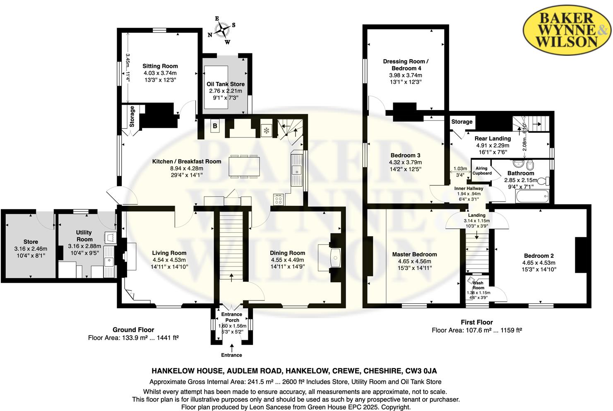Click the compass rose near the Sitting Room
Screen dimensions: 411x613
tap(222, 29)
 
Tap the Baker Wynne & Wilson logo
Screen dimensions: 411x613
tap(567, 29)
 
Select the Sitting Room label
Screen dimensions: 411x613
tap(160, 66)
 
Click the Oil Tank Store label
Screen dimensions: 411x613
tap(226, 84)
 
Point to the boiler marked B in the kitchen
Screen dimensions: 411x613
tap(215, 126)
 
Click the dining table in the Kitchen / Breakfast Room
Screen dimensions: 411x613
tap(244, 166)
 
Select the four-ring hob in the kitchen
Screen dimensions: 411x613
tap(279, 200)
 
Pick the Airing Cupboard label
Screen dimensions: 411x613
tap(482, 171)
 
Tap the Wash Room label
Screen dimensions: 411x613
tap(478, 285)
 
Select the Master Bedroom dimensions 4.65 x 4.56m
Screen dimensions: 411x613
tap(414, 261)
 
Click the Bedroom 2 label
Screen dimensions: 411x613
tap(538, 256)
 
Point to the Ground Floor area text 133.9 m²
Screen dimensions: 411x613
tap(133, 338)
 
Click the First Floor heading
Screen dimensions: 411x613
tap(477, 322)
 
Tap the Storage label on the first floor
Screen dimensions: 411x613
tap(462, 122)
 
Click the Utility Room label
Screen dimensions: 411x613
tap(84, 236)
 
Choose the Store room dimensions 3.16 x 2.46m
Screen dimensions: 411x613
tap(31, 249)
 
